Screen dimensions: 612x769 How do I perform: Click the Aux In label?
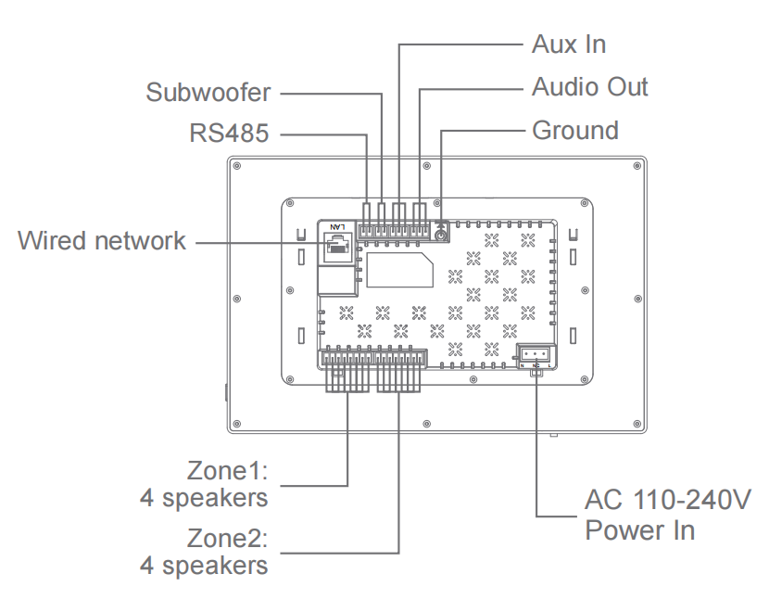(569, 44)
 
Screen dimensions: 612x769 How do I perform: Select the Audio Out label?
(589, 87)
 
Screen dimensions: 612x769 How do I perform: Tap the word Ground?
(574, 130)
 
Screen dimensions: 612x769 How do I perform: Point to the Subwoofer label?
(208, 93)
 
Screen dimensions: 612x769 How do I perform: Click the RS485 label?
(229, 134)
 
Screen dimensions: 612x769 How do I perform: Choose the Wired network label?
(102, 241)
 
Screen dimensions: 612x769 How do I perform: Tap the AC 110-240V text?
(667, 502)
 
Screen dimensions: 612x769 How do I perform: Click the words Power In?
(639, 531)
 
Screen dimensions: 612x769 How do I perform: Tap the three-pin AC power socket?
(536, 355)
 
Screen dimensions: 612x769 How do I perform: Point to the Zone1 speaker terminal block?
(347, 360)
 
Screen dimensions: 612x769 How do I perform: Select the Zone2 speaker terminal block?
(400, 360)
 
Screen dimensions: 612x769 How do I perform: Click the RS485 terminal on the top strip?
(368, 229)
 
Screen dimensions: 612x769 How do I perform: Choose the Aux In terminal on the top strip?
(399, 229)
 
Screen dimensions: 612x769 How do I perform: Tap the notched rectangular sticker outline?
(399, 269)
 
